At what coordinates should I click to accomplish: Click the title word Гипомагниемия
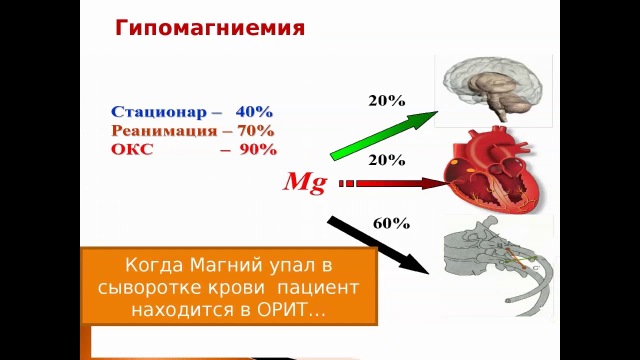210,28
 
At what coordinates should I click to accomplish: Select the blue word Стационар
159,111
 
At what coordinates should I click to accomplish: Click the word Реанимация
164,130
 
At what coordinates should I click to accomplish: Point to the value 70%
255,130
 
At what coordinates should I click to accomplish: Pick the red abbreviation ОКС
132,149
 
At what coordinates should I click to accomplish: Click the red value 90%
258,149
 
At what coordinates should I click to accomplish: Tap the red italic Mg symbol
305,183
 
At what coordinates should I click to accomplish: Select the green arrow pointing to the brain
384,135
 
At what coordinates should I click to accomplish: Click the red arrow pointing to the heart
393,183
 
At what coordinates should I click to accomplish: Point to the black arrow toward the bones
378,245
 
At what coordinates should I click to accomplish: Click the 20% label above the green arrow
386,100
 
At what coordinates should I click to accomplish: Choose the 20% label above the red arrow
386,160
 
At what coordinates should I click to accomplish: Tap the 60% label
391,223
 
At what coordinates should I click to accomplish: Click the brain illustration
493,89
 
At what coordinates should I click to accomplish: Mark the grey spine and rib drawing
497,264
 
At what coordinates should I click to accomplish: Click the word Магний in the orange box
225,265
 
